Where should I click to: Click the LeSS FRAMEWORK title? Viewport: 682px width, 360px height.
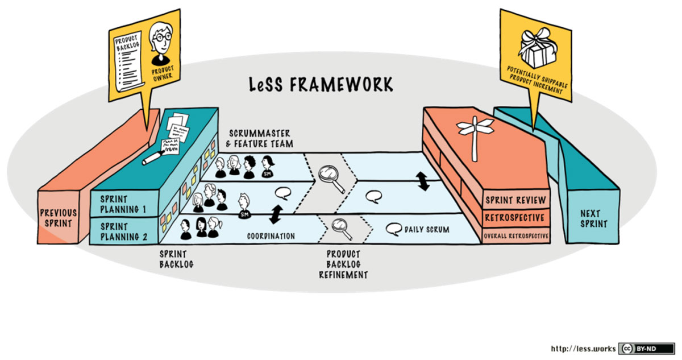pos(321,85)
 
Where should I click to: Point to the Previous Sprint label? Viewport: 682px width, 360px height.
pos(59,218)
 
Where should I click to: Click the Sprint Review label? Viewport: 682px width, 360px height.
pos(515,200)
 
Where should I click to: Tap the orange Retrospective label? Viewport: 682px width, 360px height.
pos(515,218)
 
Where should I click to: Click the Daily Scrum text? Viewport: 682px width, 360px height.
pos(426,230)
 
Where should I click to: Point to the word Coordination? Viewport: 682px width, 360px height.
pos(271,236)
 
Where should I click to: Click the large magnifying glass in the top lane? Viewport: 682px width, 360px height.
pos(331,177)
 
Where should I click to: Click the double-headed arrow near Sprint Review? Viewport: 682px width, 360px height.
pos(423,181)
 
